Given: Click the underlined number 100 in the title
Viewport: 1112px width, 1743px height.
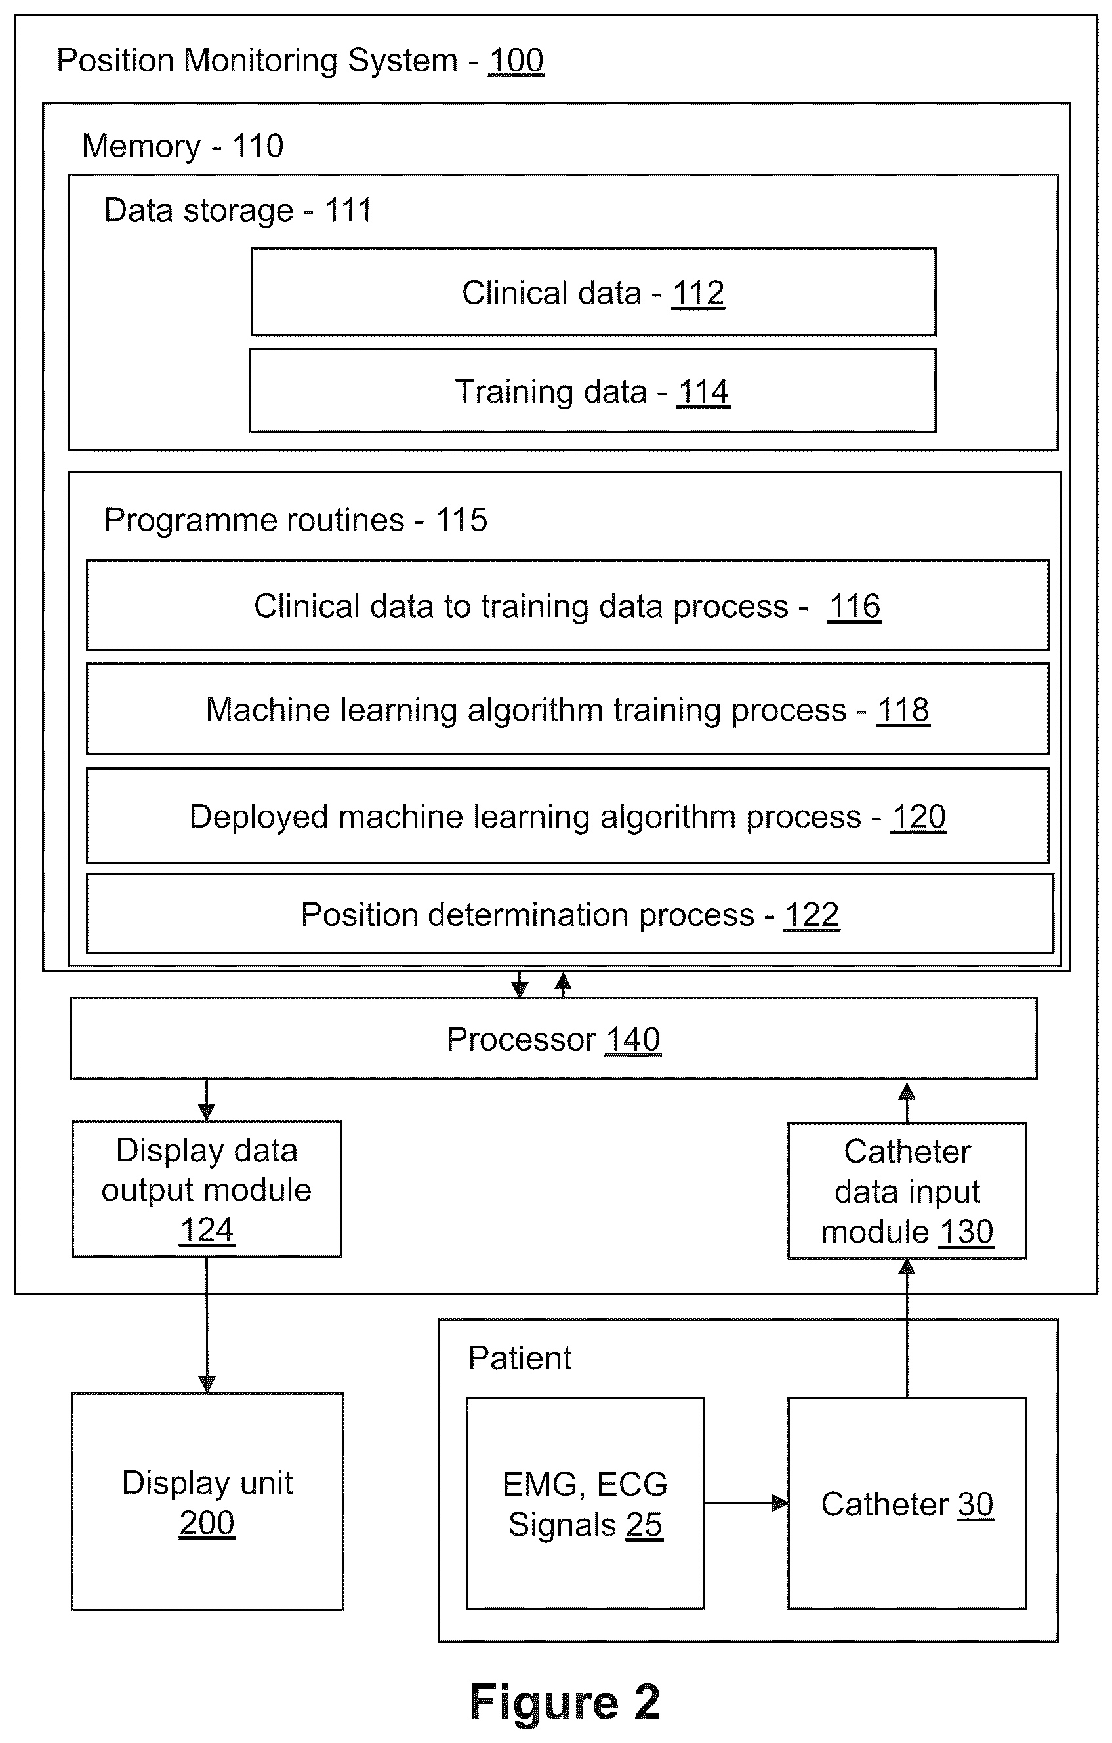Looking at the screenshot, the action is pos(516,61).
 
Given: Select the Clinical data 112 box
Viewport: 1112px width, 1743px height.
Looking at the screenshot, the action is pos(593,292).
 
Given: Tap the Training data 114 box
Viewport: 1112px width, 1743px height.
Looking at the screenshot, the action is pos(592,391).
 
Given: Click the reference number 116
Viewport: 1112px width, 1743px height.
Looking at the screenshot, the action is pos(854,607).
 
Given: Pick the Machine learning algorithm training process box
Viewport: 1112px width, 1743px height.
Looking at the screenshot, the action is pos(567,709).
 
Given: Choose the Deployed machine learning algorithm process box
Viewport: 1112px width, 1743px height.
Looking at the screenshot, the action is pos(567,816).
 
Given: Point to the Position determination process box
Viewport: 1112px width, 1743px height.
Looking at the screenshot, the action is pos(569,914).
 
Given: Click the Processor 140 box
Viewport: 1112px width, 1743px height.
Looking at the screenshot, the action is pos(554,1039).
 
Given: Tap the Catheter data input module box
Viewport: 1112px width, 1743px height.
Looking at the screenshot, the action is pos(907,1191).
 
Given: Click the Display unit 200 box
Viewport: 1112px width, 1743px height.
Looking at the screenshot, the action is pos(207,1502).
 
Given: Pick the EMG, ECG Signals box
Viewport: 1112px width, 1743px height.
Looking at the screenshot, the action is pos(585,1504).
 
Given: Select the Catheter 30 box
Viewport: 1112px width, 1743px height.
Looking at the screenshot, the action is pos(907,1504).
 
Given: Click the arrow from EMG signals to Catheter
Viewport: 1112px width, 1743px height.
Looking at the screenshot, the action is pos(747,1504).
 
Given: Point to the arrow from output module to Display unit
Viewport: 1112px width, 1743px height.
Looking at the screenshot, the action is pos(207,1325).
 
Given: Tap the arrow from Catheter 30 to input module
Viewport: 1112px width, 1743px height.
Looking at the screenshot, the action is pos(907,1329).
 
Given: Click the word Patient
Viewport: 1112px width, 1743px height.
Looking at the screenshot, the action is pos(520,1358).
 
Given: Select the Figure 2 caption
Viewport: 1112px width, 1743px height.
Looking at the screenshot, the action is pos(565,1702).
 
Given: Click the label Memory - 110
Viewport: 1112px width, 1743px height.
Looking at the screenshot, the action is pos(182,146).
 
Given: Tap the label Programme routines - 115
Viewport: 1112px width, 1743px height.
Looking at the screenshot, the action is pos(295,521).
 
